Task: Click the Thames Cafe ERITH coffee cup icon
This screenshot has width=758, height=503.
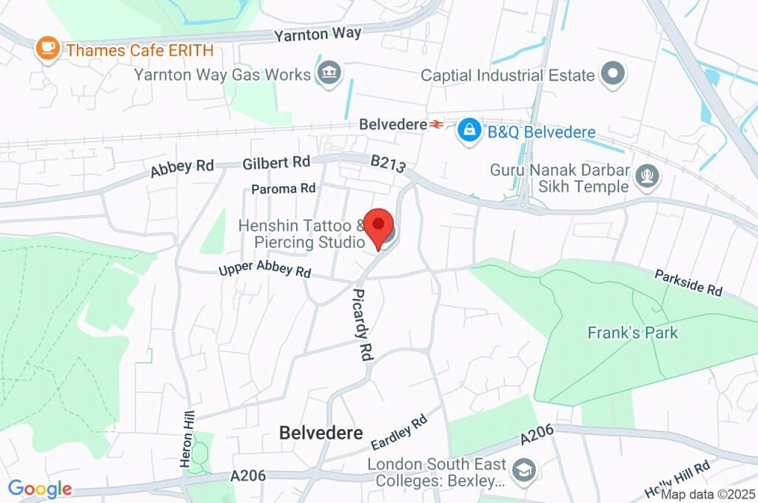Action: [x=49, y=49]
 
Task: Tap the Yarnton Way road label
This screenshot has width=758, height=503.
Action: [x=318, y=34]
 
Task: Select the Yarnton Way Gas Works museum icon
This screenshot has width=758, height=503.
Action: [x=326, y=74]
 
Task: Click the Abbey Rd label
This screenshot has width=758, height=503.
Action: [x=181, y=168]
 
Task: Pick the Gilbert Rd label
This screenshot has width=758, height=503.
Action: [x=276, y=162]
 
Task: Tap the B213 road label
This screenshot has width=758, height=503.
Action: [x=388, y=163]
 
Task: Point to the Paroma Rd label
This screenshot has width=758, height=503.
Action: [x=284, y=189]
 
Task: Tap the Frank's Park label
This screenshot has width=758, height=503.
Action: [x=632, y=332]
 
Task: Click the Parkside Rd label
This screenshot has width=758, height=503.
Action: [x=688, y=283]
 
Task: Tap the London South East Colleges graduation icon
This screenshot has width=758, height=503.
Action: [x=525, y=471]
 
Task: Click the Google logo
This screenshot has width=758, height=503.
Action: [x=40, y=488]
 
